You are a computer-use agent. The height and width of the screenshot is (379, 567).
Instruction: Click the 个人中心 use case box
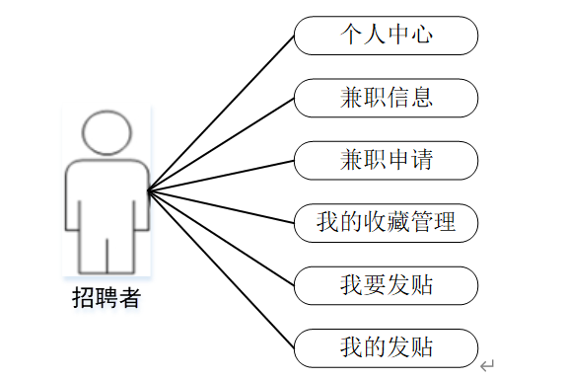click(386, 36)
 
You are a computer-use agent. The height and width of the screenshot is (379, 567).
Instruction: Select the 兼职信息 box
click(386, 98)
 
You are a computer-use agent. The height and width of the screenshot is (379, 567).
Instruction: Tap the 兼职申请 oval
click(386, 161)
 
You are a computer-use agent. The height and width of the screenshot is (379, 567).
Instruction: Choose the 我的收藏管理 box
click(386, 223)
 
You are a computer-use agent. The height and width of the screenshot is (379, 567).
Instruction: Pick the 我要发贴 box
click(386, 285)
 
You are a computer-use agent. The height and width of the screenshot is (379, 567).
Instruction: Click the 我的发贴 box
click(386, 348)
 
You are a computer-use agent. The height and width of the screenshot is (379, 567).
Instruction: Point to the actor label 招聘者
click(106, 297)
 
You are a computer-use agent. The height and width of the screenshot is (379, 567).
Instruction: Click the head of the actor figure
click(106, 132)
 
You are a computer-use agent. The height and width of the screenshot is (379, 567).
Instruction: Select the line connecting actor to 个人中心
click(221, 113)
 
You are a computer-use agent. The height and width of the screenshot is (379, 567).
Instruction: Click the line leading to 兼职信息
click(221, 144)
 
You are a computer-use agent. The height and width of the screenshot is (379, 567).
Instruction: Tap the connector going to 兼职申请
click(221, 176)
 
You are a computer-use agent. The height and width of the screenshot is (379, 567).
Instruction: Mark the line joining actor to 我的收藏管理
click(221, 206)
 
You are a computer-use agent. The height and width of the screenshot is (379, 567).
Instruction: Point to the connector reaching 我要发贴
click(221, 238)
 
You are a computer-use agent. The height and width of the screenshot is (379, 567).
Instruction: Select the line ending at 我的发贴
click(221, 269)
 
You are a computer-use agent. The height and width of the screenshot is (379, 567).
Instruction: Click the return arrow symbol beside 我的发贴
click(487, 365)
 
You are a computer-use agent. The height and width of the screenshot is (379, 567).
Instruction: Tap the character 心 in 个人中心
click(421, 35)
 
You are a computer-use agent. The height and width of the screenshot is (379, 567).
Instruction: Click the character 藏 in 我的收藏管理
click(397, 221)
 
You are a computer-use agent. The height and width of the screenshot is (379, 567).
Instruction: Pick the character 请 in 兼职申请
click(421, 159)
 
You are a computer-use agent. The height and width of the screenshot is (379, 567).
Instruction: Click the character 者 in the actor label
click(129, 297)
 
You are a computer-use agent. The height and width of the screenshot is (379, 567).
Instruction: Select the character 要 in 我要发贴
click(375, 284)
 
